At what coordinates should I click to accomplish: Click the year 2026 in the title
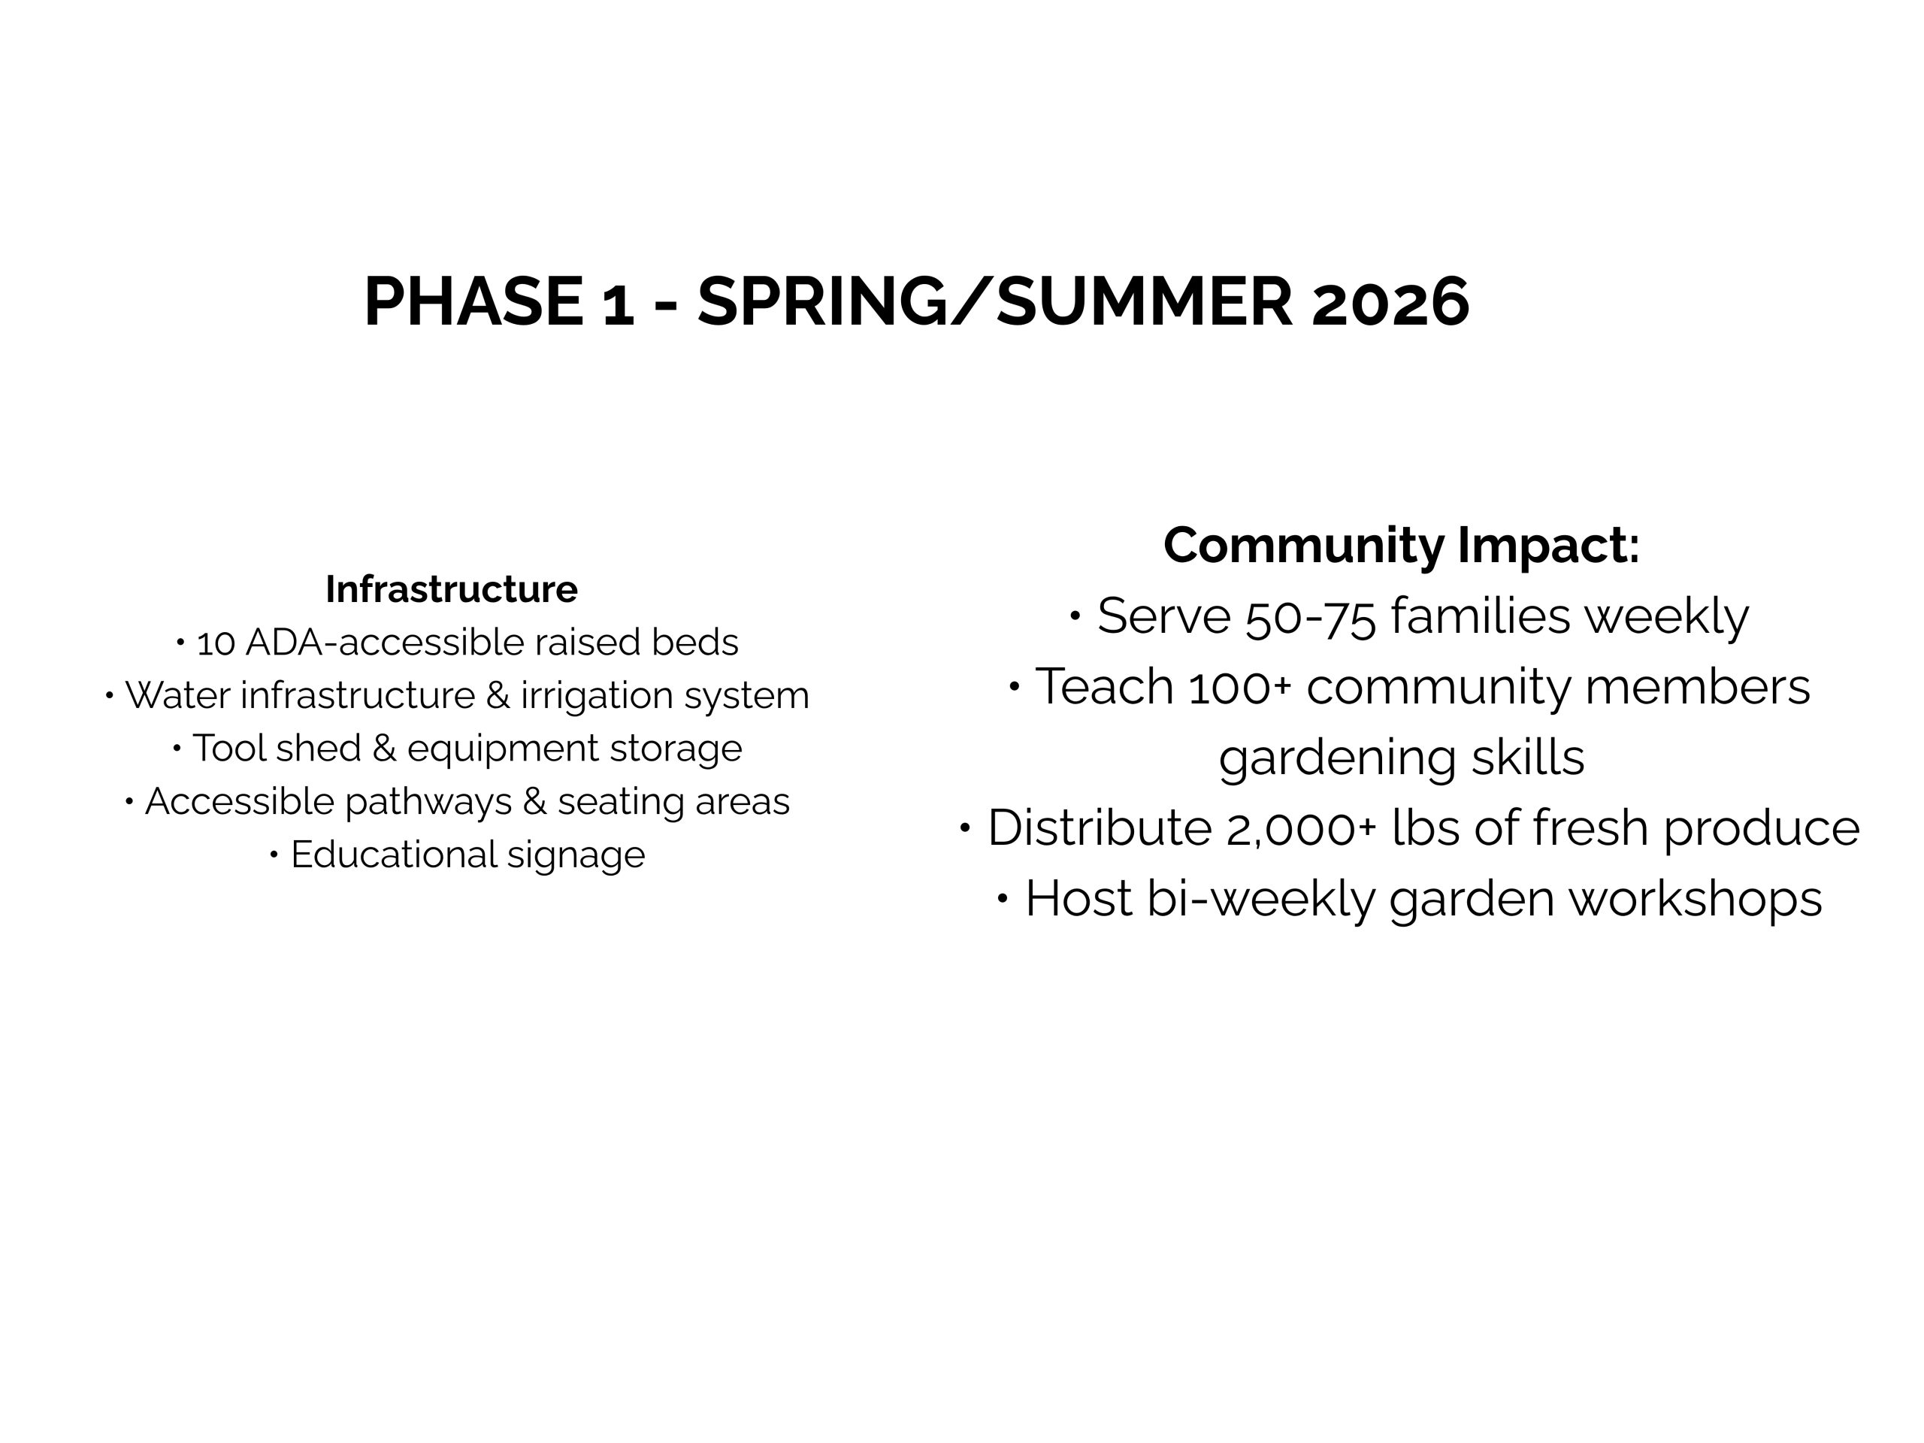point(1390,302)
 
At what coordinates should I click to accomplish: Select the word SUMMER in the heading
point(1145,302)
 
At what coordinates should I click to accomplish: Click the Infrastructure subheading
point(452,589)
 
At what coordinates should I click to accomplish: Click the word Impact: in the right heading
point(1548,546)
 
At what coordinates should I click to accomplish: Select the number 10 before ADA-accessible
point(216,643)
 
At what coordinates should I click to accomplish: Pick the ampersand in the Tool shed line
point(383,748)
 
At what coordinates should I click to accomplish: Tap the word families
point(1481,615)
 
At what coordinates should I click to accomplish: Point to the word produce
point(1762,829)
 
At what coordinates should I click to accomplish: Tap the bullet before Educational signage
point(274,855)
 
